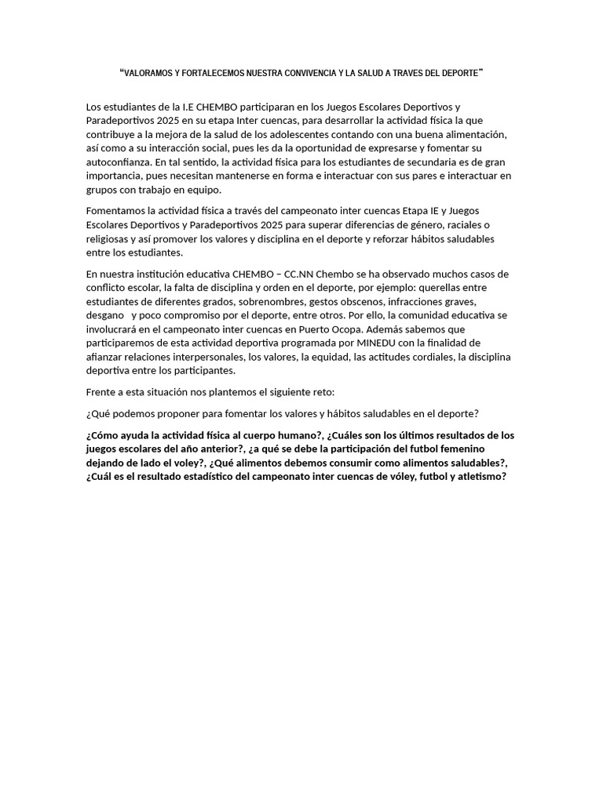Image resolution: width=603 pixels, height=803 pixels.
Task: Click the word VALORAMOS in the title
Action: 147,73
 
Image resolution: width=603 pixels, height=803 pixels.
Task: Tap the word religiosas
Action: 109,239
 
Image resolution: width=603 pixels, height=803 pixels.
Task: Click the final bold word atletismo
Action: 477,478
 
